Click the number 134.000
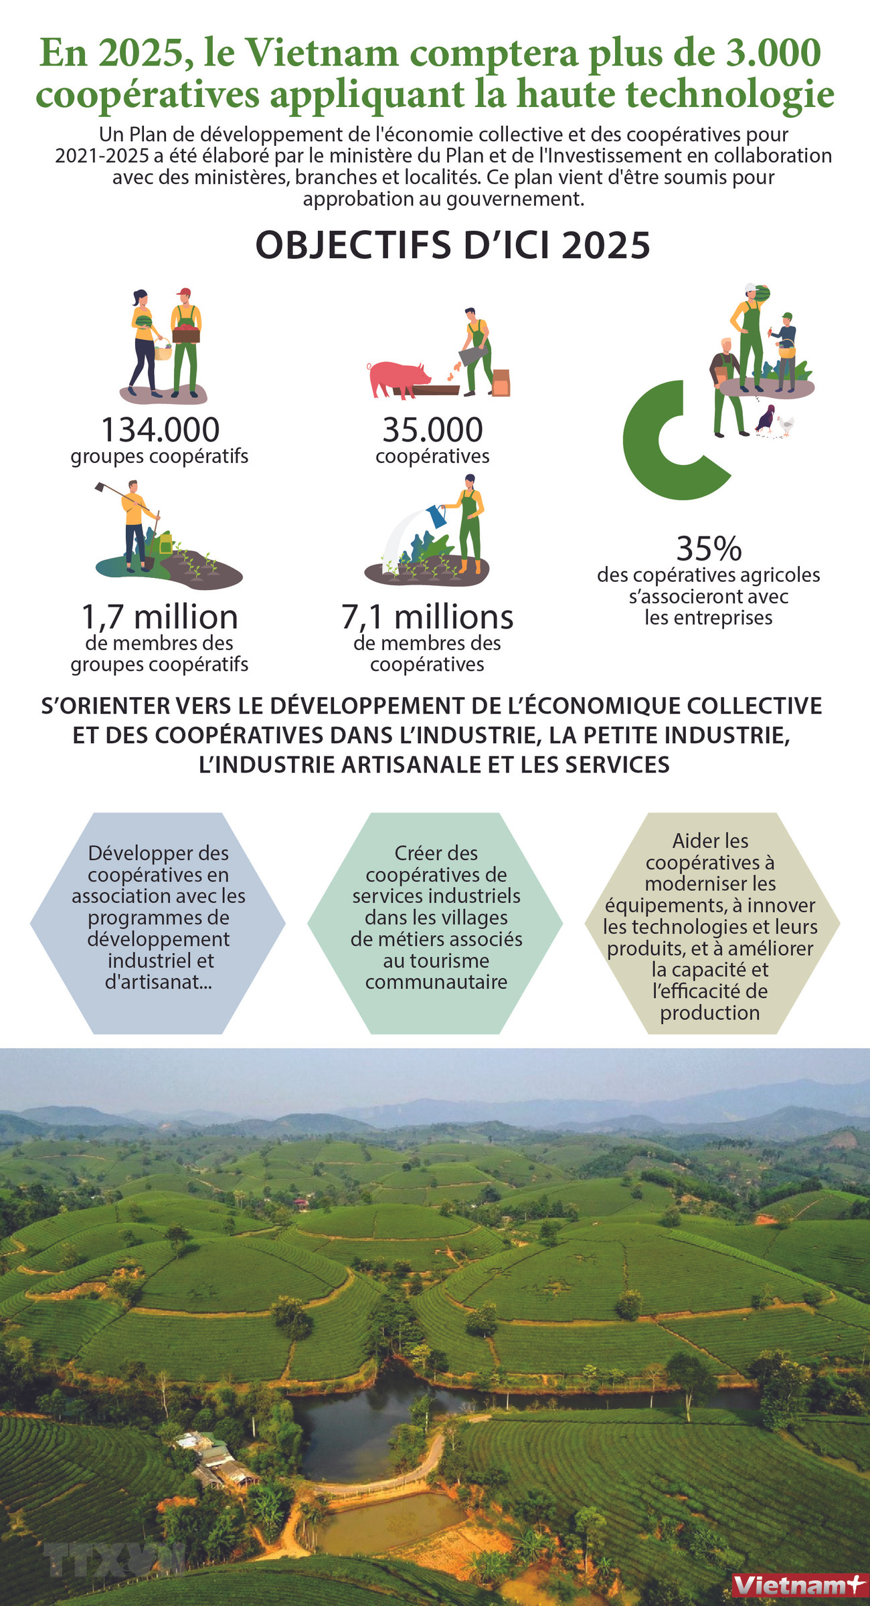click(160, 429)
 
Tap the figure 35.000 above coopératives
click(432, 429)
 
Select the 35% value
click(709, 548)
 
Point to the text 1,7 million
click(159, 617)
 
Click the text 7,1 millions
click(427, 617)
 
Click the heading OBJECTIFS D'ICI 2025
click(452, 245)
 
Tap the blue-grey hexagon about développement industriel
click(158, 923)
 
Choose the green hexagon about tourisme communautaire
click(435, 923)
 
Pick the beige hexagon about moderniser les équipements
click(711, 923)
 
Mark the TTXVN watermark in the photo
click(114, 1559)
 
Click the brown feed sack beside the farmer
click(501, 383)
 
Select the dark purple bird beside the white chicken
click(766, 419)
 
